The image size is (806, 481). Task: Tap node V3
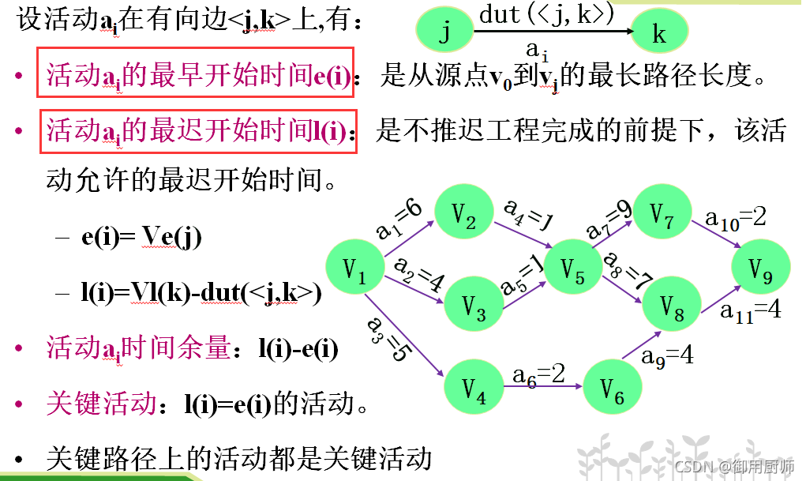[474, 306]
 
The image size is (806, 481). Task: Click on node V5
[573, 271]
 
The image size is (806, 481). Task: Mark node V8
[672, 305]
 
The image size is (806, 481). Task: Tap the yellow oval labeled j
[444, 33]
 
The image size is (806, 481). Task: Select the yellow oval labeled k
[659, 33]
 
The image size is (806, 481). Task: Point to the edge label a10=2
[736, 218]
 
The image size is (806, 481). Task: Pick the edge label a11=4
[750, 310]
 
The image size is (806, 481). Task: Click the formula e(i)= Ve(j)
[141, 237]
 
